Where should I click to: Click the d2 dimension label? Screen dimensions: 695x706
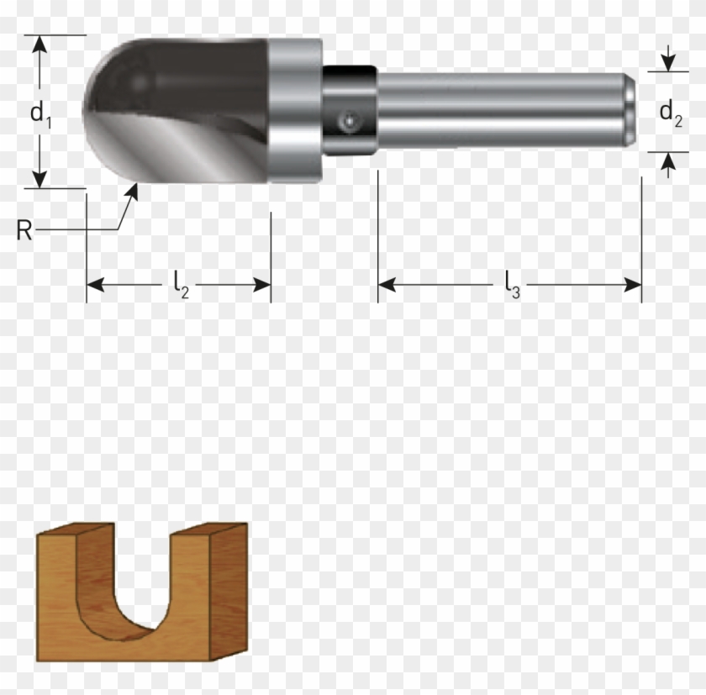[669, 112]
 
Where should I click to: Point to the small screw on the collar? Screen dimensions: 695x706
[347, 123]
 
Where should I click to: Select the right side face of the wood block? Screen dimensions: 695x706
[228, 588]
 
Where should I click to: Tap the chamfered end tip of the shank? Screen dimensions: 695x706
[630, 110]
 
